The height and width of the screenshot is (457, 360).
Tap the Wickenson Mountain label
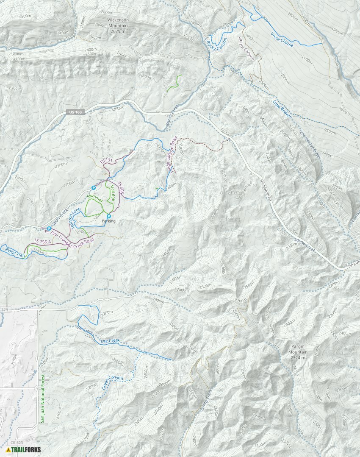tap(111, 25)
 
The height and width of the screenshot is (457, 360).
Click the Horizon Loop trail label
tap(75, 217)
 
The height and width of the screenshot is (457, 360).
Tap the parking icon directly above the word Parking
tap(109, 216)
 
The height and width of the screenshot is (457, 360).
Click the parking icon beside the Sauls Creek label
tap(49, 228)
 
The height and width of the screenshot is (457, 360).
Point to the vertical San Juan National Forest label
tap(42, 398)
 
